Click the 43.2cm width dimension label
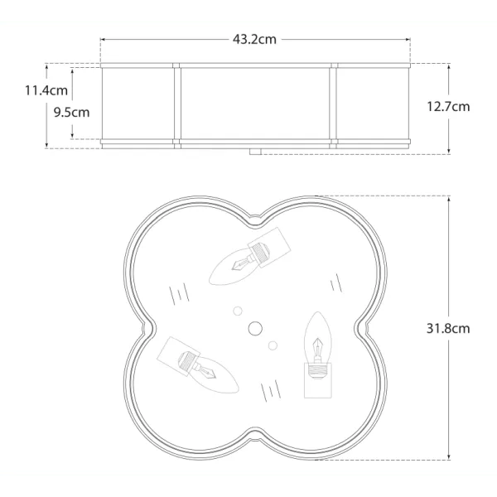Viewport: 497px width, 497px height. coord(254,40)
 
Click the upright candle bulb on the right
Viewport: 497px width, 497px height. coord(317,337)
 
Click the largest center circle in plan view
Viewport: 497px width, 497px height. coord(254,328)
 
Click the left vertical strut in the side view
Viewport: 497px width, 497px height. coord(176,105)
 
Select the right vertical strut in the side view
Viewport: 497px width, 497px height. coord(333,105)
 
